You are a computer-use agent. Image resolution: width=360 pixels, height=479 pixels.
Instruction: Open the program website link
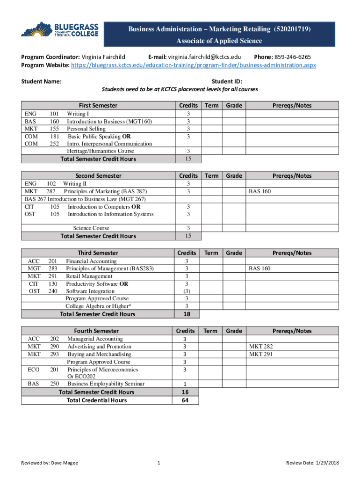[193, 65]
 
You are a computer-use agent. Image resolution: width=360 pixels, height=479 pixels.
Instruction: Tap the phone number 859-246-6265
[293, 57]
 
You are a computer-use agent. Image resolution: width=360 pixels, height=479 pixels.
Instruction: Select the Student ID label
[227, 81]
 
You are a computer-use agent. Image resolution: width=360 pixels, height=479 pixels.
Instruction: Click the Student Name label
[41, 81]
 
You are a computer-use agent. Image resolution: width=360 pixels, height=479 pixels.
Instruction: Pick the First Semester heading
[98, 106]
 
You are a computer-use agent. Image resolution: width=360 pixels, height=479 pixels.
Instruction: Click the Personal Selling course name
[86, 129]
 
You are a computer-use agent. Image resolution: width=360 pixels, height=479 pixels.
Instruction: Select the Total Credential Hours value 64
[185, 400]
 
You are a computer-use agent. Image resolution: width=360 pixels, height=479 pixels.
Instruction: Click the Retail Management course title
[89, 276]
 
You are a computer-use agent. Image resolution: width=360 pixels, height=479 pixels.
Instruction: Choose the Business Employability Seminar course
[106, 384]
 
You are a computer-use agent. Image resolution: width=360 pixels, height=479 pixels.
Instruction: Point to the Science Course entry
[91, 228]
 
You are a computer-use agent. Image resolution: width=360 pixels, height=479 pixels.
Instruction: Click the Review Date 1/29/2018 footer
[312, 463]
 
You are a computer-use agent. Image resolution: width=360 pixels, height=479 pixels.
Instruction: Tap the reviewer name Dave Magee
[64, 463]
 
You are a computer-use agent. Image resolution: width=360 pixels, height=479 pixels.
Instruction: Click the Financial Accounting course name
[91, 261]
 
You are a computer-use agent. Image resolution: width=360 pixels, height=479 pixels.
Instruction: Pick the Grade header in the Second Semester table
[234, 176]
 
